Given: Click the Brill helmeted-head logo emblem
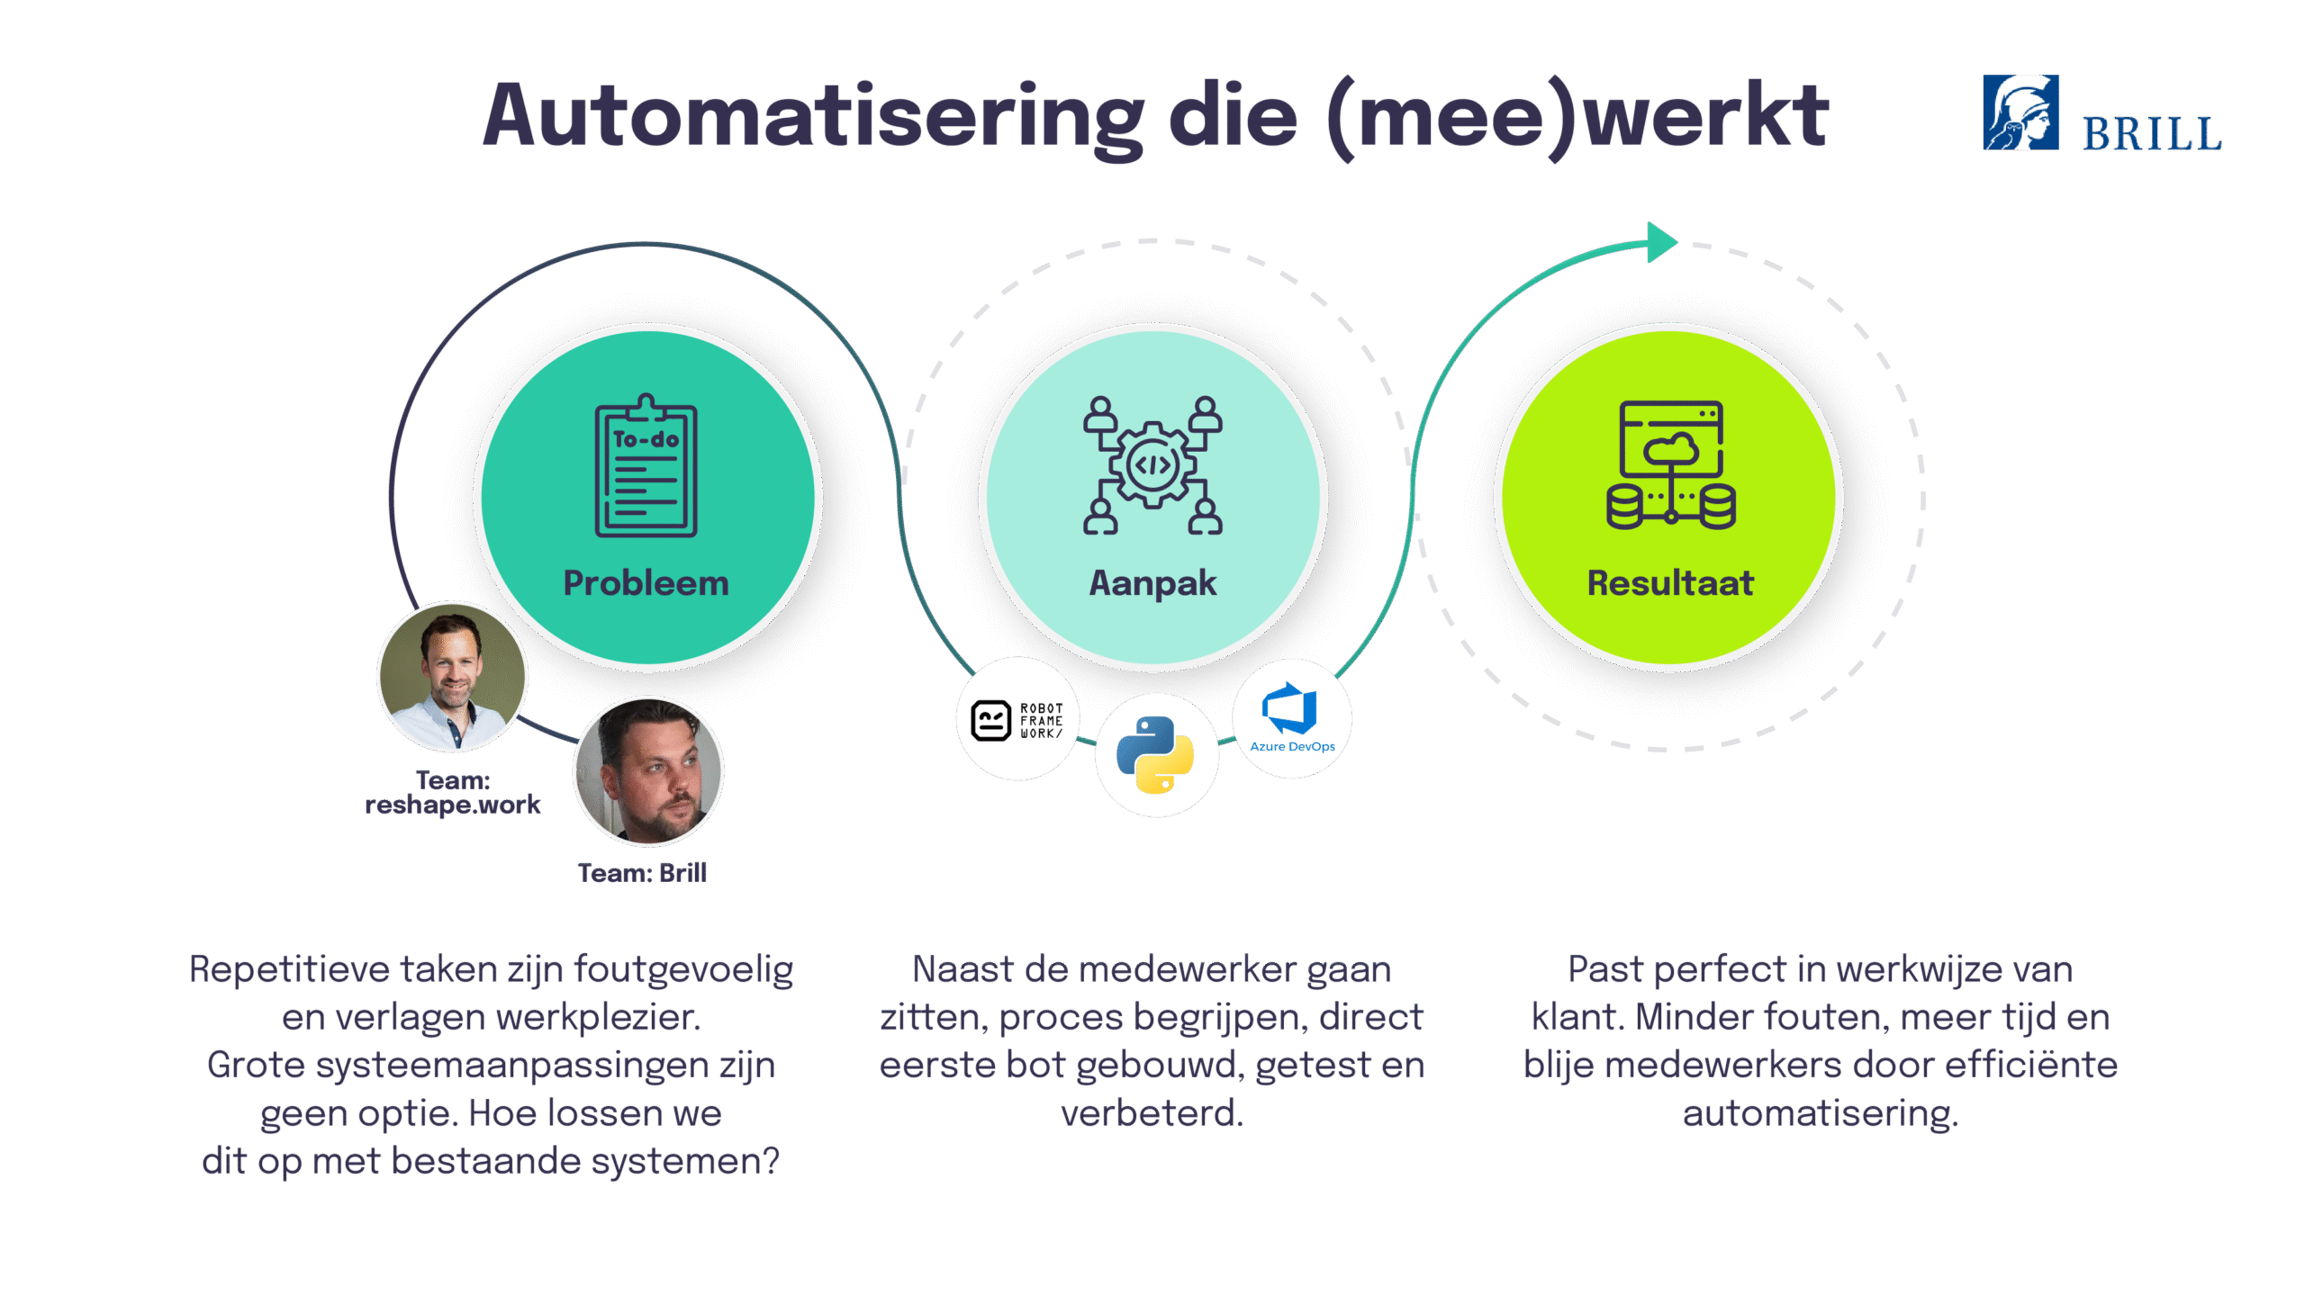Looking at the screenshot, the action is (x=2020, y=112).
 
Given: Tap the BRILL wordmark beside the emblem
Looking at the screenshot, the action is (x=2151, y=134).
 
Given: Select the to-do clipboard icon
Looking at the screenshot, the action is (x=646, y=465).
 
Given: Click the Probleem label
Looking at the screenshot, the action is (x=646, y=583).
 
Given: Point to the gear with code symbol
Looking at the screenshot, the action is (x=1152, y=465).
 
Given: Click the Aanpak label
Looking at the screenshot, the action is (x=1152, y=583).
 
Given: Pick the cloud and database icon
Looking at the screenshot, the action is (x=1671, y=464).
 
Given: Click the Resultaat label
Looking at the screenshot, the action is (x=1670, y=583).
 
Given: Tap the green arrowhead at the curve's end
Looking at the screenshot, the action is (x=1661, y=242).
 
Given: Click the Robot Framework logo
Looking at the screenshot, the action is (x=1017, y=721).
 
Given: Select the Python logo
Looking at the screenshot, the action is (x=1155, y=754).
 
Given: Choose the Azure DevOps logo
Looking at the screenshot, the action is (x=1292, y=717).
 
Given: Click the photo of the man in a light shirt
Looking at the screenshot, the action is (x=452, y=677).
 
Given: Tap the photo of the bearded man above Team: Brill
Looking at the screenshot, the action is (x=648, y=771).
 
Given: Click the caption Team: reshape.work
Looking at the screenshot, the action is (x=453, y=792).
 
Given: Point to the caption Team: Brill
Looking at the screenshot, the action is (x=642, y=873).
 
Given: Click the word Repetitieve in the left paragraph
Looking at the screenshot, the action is (x=289, y=969).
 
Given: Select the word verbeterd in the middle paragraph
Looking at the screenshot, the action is (x=1152, y=1113).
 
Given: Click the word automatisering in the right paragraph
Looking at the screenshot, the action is (x=1821, y=1114).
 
